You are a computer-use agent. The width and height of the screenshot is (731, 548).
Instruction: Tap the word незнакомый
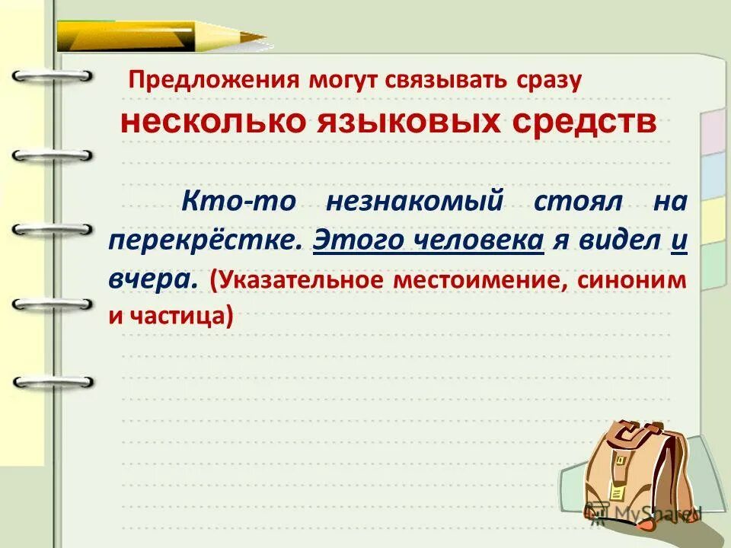[416, 202]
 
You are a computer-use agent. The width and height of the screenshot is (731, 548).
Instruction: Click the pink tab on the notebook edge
[713, 129]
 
